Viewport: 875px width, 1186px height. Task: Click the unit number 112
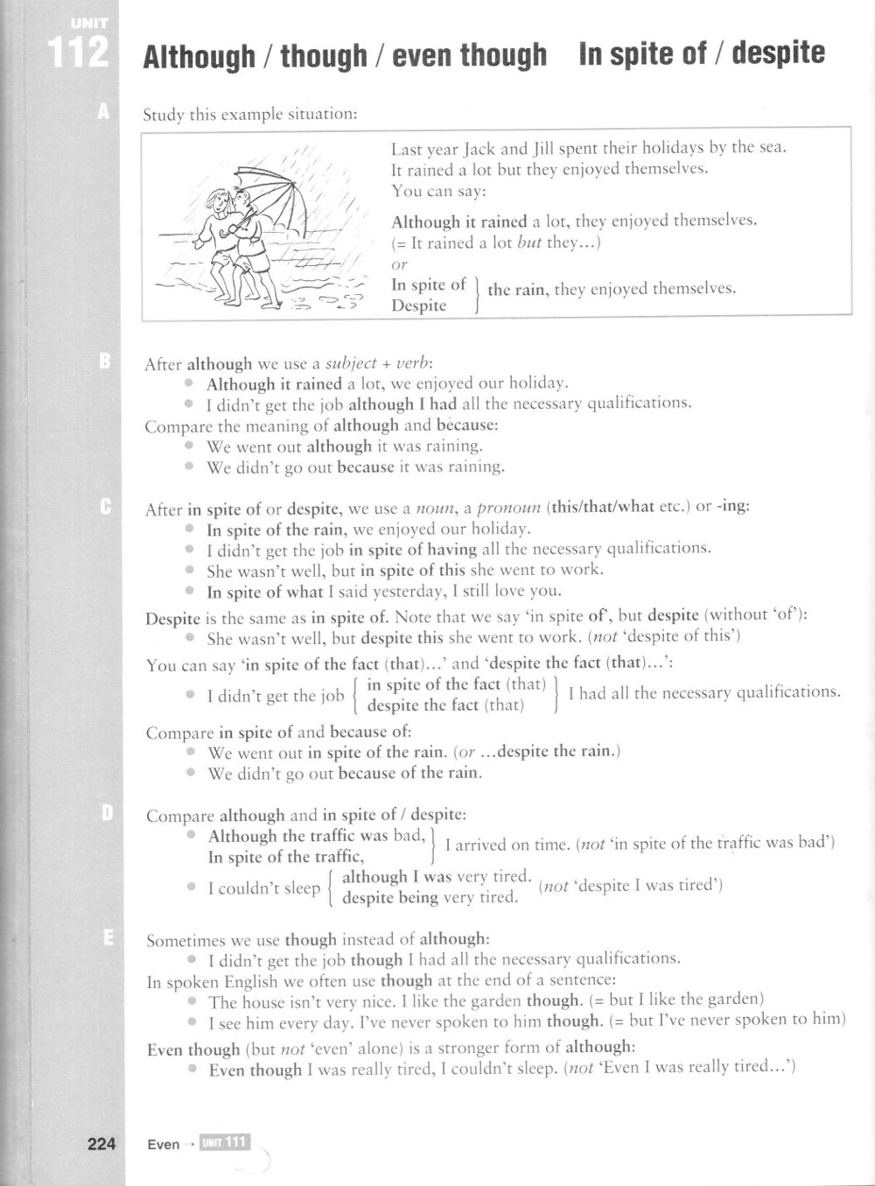[x=79, y=53]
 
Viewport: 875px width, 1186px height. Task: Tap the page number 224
[x=101, y=1143]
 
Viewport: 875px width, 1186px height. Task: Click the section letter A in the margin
[x=104, y=111]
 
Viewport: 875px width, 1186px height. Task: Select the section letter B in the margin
[x=104, y=361]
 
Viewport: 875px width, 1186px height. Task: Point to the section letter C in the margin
[x=104, y=506]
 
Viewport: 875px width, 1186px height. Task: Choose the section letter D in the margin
[x=106, y=813]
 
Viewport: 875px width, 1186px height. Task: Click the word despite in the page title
[x=778, y=54]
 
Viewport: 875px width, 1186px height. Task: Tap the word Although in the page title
[x=199, y=57]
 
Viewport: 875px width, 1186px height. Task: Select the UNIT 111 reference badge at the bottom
[x=224, y=1142]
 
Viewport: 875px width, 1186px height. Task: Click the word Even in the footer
[x=164, y=1144]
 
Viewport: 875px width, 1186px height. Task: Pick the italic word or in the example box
[x=399, y=263]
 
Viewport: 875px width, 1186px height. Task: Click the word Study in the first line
[x=163, y=114]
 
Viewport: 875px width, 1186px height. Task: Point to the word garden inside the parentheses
[x=736, y=999]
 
